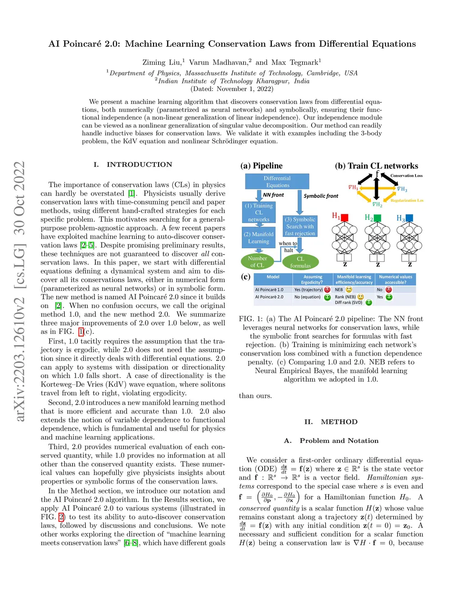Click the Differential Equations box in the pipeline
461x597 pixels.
[x=277, y=182]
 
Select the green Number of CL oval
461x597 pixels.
[x=257, y=261]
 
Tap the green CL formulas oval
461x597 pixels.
[x=300, y=262]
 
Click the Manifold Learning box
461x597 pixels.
[x=258, y=237]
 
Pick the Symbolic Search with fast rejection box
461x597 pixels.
[x=300, y=226]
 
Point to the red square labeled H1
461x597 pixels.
[x=345, y=218]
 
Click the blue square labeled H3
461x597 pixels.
[x=409, y=218]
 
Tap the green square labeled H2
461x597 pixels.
[x=377, y=218]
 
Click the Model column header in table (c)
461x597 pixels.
[x=273, y=277]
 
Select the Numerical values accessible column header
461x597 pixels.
[x=395, y=279]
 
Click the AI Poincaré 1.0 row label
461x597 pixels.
[x=269, y=290]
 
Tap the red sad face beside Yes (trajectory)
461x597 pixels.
[x=327, y=290]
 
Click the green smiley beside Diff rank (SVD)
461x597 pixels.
[x=369, y=302]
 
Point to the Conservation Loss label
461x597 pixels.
[x=406, y=176]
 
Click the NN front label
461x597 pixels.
[x=273, y=195]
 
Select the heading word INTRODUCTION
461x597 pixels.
[x=139, y=164]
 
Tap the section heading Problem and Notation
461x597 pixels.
[x=339, y=441]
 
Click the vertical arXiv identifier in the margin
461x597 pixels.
[x=19, y=291]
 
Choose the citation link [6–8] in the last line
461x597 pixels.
[x=131, y=543]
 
